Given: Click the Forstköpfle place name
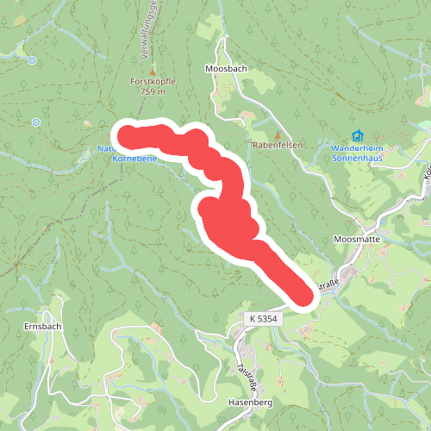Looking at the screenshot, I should tap(153, 81).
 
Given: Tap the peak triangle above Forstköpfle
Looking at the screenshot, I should tap(153, 70).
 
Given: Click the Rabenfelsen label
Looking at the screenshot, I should tap(278, 146).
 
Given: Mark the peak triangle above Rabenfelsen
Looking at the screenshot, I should tap(278, 134).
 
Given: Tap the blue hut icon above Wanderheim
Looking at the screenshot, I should tap(357, 135).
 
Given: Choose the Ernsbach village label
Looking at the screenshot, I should tap(36, 327).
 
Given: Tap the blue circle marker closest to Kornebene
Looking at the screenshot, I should tap(35, 122).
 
